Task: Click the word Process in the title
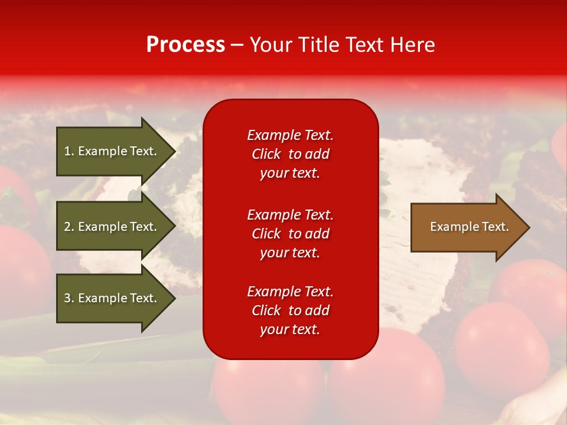185,45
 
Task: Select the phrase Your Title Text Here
342,45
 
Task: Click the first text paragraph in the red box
290,154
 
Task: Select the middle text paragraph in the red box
290,234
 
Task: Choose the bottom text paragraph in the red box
290,310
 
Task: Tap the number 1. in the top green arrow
69,151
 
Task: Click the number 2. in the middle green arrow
69,227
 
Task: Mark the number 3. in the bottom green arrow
69,298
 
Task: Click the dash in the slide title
237,45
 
